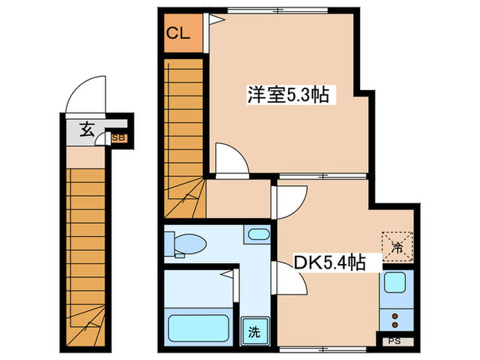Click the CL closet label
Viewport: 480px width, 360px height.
pyautogui.click(x=177, y=33)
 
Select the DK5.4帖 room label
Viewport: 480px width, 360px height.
pyautogui.click(x=329, y=261)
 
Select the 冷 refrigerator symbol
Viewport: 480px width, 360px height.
pyautogui.click(x=397, y=245)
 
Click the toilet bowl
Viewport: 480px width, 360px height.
pyautogui.click(x=192, y=243)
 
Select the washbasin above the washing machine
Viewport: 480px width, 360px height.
pyautogui.click(x=258, y=235)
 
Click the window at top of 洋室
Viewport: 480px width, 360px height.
pyautogui.click(x=278, y=8)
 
